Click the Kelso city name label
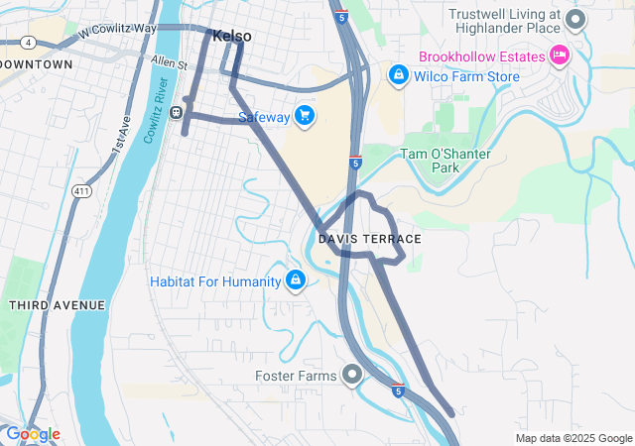(231, 36)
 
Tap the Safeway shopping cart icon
(304, 117)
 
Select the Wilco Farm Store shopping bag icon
(398, 75)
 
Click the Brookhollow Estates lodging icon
(559, 56)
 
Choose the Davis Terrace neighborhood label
(370, 240)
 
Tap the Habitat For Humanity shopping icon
(295, 281)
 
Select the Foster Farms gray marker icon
(352, 375)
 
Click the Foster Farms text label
(297, 375)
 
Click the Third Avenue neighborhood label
(57, 305)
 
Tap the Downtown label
(38, 64)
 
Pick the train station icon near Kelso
(177, 112)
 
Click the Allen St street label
(170, 64)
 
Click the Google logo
(33, 434)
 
